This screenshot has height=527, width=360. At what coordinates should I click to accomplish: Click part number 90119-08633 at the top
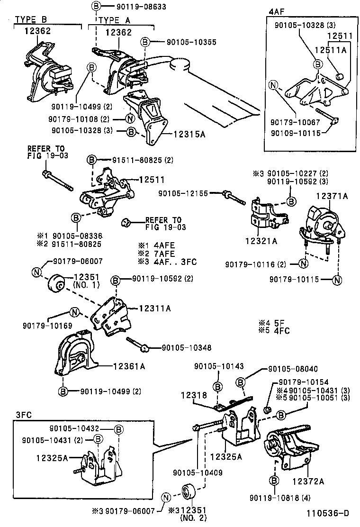(x=130, y=7)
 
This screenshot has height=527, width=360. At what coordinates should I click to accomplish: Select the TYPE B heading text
(x=32, y=20)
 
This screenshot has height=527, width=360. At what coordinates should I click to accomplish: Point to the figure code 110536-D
(x=328, y=513)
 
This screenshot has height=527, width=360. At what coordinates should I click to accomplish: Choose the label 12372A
(x=308, y=482)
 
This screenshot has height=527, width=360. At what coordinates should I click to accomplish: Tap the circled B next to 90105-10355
(x=145, y=42)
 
